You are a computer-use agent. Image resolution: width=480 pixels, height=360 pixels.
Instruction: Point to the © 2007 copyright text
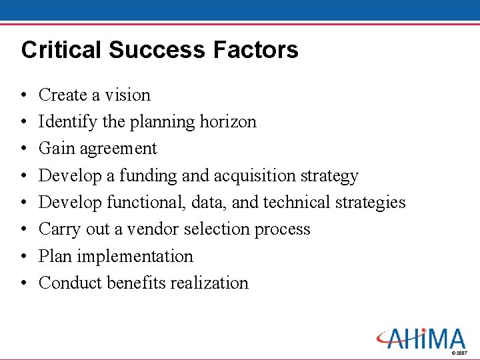[x=459, y=352]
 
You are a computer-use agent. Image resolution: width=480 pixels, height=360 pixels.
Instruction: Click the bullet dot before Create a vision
[x=23, y=96]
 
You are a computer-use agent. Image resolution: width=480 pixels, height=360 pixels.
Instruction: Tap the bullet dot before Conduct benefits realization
[x=23, y=283]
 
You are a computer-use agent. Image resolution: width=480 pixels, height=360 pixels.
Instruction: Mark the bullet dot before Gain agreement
[x=23, y=149]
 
